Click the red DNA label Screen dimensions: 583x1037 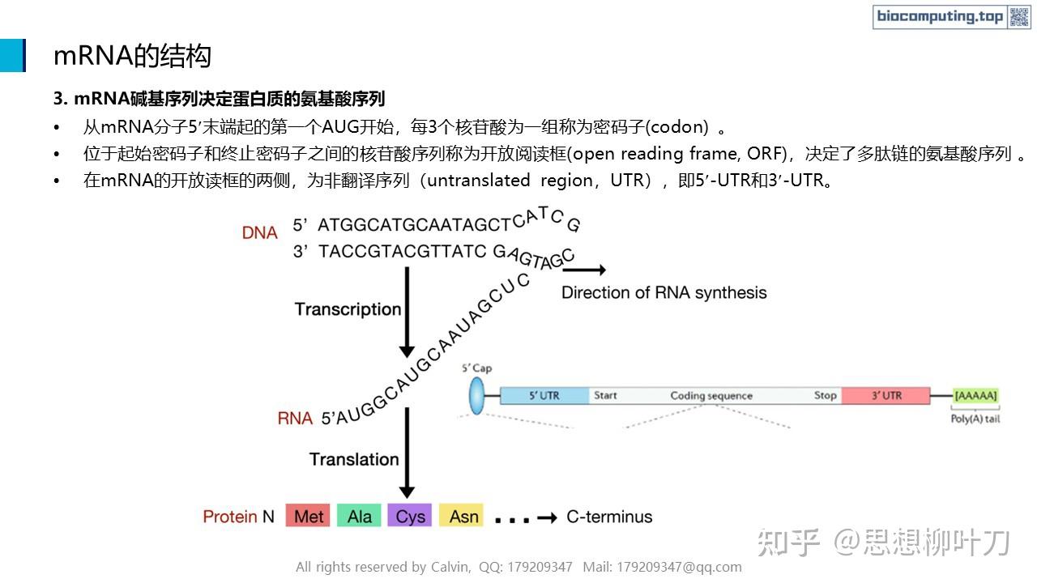coord(259,232)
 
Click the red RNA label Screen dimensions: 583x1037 coord(295,418)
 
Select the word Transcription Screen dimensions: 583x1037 coord(348,309)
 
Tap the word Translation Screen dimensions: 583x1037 coord(354,459)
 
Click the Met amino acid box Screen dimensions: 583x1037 coord(308,516)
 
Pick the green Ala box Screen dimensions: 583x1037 coord(360,516)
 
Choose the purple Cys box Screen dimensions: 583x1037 coord(411,516)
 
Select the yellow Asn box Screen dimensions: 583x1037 coord(463,516)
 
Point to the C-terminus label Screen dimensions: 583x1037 coord(609,516)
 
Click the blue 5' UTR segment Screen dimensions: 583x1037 coord(544,396)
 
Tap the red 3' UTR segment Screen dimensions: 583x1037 coord(886,396)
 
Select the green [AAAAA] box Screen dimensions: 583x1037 coord(975,396)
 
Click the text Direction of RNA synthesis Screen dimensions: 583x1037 coord(664,292)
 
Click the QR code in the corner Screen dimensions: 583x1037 coord(1019,16)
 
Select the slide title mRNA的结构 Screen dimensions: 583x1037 coord(132,55)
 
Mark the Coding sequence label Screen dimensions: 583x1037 coord(711,396)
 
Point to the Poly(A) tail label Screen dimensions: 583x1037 coord(975,419)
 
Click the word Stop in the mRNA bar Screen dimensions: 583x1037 coord(825,395)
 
